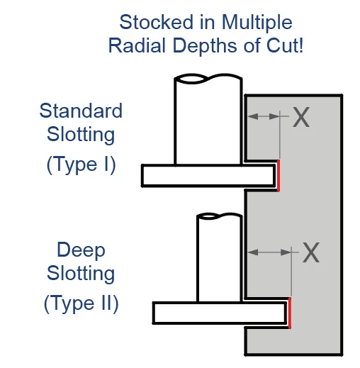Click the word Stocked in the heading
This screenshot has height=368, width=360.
click(x=157, y=22)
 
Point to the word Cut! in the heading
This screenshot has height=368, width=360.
click(x=285, y=45)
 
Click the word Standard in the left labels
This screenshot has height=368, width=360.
click(x=81, y=111)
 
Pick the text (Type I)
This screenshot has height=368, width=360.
click(x=81, y=165)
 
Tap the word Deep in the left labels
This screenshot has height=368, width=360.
click(x=81, y=251)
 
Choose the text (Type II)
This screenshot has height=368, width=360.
click(x=81, y=303)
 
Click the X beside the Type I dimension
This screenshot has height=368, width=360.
click(x=301, y=117)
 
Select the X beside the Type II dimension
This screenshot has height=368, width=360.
click(x=311, y=252)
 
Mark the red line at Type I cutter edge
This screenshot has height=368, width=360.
click(x=279, y=176)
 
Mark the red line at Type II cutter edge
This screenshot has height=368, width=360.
click(x=290, y=313)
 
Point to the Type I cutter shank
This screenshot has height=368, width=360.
click(x=208, y=121)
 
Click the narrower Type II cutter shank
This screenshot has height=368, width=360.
click(x=219, y=258)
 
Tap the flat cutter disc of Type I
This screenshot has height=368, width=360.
click(x=208, y=176)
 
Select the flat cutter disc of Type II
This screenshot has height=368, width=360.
click(x=220, y=313)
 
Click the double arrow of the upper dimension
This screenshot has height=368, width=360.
click(x=264, y=116)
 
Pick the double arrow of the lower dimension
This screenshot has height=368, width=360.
click(x=269, y=252)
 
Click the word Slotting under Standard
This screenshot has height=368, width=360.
click(x=81, y=135)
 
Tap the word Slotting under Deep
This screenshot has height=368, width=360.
click(x=81, y=274)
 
